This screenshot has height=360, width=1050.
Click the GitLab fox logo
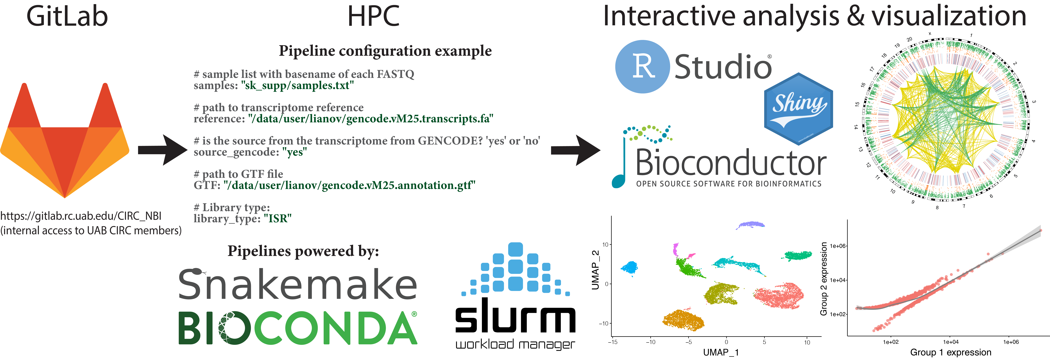coord(65,141)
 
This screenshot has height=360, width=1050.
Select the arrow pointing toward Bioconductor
coord(575,150)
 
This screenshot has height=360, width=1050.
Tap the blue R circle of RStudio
coord(642,67)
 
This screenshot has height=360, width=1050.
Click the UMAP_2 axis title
coord(595,270)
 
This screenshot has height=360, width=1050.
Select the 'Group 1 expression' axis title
coord(951,352)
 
